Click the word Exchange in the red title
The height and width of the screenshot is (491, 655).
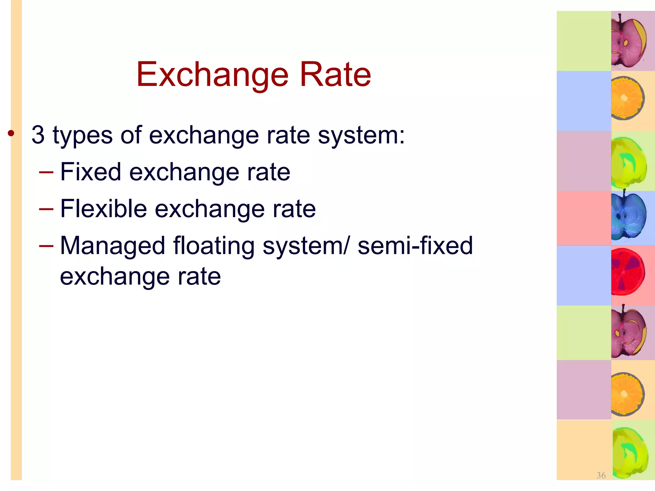click(x=212, y=75)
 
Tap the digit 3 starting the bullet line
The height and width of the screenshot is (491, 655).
click(x=38, y=135)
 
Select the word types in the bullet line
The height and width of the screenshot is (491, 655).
click(x=83, y=136)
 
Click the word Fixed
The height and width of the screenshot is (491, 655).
click(x=91, y=172)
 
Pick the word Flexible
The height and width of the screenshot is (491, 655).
click(x=103, y=209)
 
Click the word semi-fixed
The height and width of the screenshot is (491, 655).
click(x=415, y=245)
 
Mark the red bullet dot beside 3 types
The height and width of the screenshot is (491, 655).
click(x=11, y=133)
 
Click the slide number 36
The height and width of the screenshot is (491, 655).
click(x=601, y=475)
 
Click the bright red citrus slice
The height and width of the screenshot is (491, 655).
click(x=627, y=272)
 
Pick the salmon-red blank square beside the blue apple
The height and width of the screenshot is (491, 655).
click(x=584, y=218)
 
